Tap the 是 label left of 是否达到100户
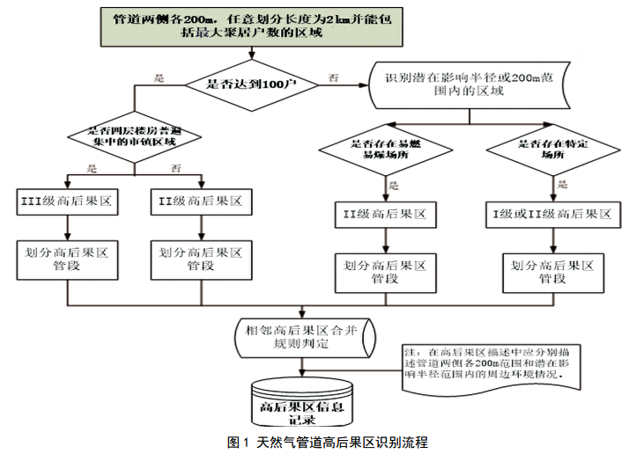tap(159, 77)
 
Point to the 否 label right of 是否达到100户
tap(335, 77)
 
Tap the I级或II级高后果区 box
tap(551, 213)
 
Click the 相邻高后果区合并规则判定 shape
tap(302, 335)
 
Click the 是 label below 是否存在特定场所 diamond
tap(562, 185)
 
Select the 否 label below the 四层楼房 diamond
tap(174, 168)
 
